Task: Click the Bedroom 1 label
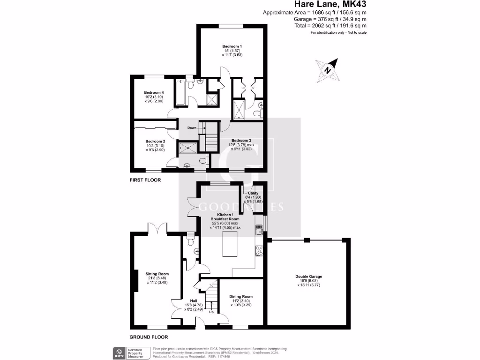[x=232, y=46]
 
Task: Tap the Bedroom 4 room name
[x=154, y=92]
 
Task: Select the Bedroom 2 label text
[x=155, y=141]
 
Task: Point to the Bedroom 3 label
[x=241, y=140]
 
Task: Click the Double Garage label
[x=308, y=277]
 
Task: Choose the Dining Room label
[x=241, y=296]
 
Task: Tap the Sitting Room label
[x=157, y=274]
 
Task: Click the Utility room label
[x=253, y=193]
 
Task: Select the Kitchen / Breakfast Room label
[x=225, y=217]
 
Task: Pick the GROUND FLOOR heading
[x=149, y=337]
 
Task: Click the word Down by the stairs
[x=192, y=127]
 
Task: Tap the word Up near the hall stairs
[x=211, y=312]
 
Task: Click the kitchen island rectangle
[x=230, y=247]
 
